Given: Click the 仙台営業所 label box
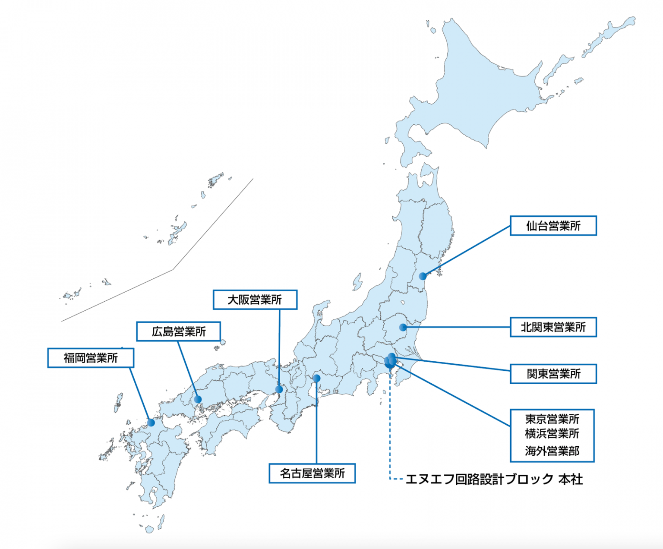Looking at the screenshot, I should pyautogui.click(x=553, y=226).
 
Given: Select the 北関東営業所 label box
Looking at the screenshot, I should pyautogui.click(x=553, y=327).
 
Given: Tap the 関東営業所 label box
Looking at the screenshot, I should pyautogui.click(x=553, y=374).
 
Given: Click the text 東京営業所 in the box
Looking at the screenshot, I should pyautogui.click(x=552, y=419).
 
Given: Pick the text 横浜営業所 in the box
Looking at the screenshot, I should pyautogui.click(x=552, y=433).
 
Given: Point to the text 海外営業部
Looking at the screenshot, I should pyautogui.click(x=552, y=451).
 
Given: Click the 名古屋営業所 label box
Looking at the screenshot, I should pyautogui.click(x=312, y=473).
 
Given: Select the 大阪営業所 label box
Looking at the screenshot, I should pyautogui.click(x=255, y=300).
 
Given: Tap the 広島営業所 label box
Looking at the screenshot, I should pyautogui.click(x=178, y=331).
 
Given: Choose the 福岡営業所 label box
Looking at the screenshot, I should pyautogui.click(x=91, y=358).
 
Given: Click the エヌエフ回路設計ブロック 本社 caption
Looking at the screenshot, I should pyautogui.click(x=494, y=479).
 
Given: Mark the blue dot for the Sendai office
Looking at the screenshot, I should pyautogui.click(x=423, y=276).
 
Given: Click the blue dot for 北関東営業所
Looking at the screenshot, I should pyautogui.click(x=403, y=328).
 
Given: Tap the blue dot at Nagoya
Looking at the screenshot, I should pyautogui.click(x=316, y=379).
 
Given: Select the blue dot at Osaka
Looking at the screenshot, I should pyautogui.click(x=279, y=390).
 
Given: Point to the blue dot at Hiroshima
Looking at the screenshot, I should pyautogui.click(x=198, y=399).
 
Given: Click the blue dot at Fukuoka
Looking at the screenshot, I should pyautogui.click(x=151, y=423).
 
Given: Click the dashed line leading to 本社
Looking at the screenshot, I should pyautogui.click(x=390, y=432).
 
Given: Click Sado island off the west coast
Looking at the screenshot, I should pyautogui.click(x=357, y=282).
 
